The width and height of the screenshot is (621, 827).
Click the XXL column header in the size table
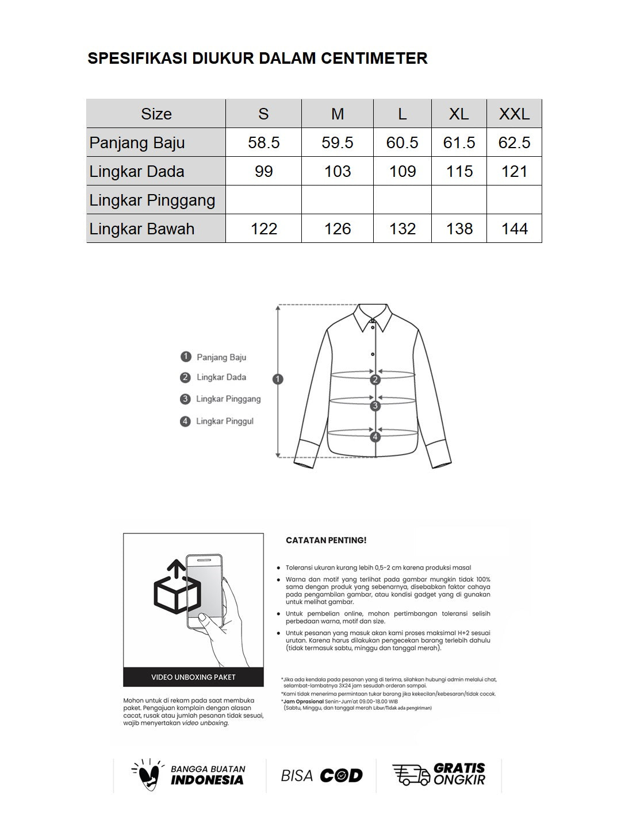coord(514,114)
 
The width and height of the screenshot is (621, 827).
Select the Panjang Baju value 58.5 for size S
coord(264,142)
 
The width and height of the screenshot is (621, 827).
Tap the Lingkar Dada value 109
coord(402,171)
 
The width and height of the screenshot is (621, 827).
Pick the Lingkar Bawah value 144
coord(514,229)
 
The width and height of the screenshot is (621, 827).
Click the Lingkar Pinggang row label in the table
coord(152,200)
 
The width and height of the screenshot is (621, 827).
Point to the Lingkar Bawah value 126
coord(338,229)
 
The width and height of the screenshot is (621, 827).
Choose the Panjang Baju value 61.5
coord(459,142)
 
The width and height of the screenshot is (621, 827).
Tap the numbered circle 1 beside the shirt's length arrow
coord(278,379)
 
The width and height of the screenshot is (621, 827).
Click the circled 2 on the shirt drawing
coord(375,380)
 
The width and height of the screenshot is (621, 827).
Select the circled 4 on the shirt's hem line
coord(375,437)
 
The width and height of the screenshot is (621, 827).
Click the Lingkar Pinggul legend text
coord(224,422)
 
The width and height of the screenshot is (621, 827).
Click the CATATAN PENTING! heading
coord(326,540)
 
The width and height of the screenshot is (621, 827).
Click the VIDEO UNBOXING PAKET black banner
coord(193,677)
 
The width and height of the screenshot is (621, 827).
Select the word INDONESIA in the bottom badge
coord(207,780)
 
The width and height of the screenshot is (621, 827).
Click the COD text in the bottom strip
coord(341,776)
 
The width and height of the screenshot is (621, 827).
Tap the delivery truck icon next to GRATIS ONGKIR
coord(411,775)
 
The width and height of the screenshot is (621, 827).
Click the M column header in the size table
coord(338,114)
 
